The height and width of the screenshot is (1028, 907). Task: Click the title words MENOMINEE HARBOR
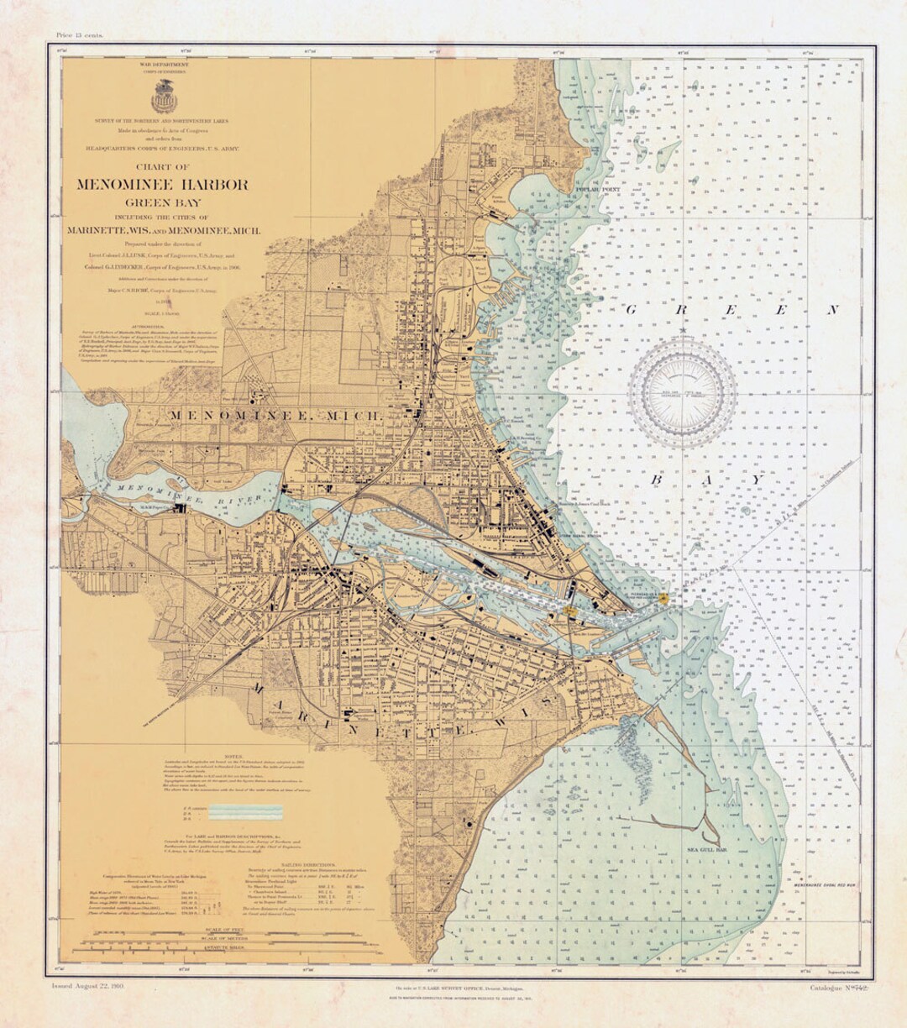point(162,185)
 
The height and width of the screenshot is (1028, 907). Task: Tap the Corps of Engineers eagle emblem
point(164,99)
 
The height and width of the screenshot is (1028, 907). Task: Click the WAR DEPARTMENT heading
point(164,65)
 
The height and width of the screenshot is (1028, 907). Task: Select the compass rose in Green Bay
point(682,392)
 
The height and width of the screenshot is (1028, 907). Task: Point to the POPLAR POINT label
point(598,191)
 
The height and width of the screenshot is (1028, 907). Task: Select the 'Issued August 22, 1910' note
point(87,988)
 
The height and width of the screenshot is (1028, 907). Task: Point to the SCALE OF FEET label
point(229,930)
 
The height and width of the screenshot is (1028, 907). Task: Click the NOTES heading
point(228,757)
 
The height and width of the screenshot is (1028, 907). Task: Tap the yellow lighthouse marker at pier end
point(663,598)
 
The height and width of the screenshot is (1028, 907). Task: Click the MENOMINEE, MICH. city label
point(276,416)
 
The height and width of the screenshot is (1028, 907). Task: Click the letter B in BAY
point(657,479)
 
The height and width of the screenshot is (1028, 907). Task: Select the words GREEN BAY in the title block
point(164,202)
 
